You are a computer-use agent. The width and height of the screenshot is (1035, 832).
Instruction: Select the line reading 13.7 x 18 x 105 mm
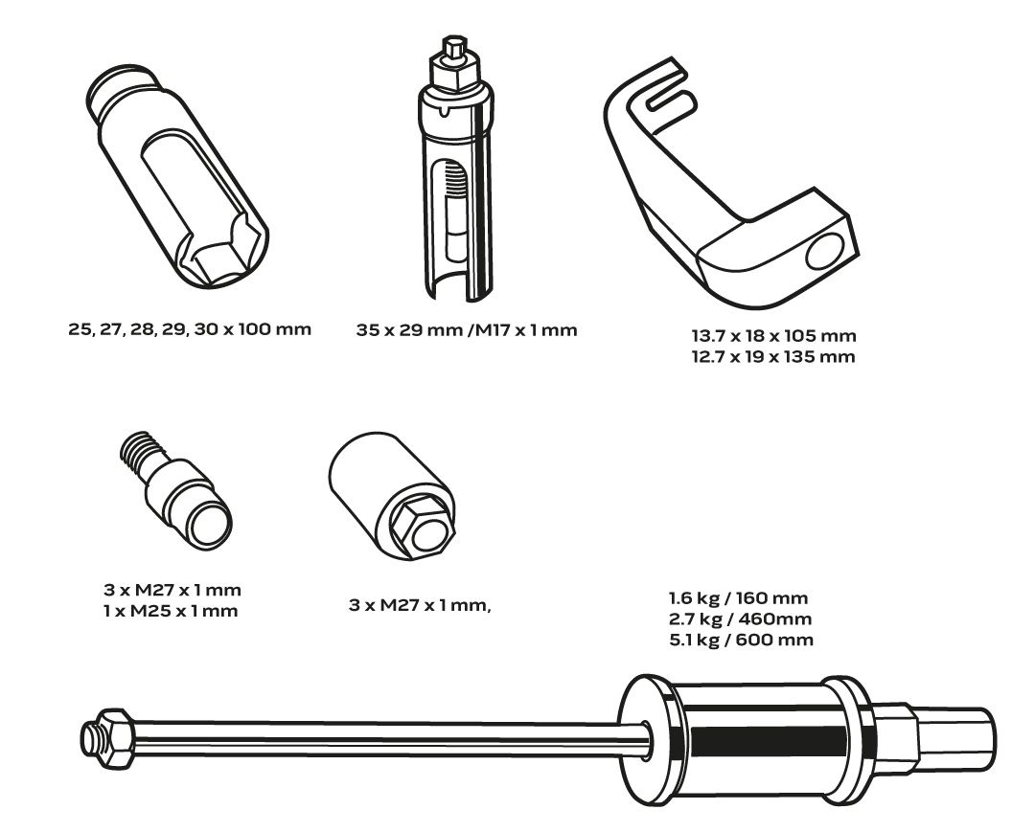pyautogui.click(x=773, y=336)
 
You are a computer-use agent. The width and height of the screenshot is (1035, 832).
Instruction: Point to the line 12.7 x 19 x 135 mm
pyautogui.click(x=773, y=357)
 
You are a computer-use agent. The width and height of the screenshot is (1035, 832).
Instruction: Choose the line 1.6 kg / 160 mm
pyautogui.click(x=734, y=600)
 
